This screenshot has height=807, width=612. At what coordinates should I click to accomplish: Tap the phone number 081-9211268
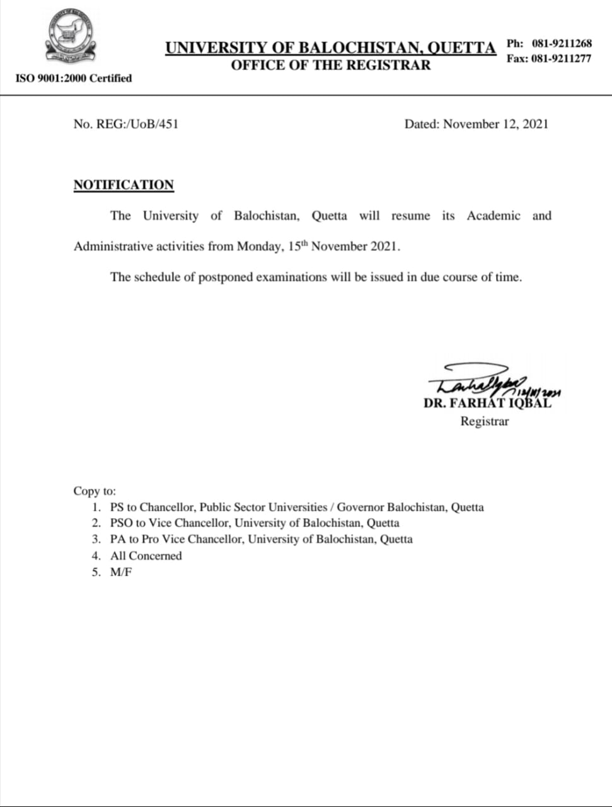[562, 44]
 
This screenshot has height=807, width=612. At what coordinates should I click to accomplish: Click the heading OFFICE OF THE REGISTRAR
[330, 65]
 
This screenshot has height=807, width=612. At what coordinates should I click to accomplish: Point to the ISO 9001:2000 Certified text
[73, 78]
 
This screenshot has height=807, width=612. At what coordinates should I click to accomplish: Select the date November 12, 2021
[495, 124]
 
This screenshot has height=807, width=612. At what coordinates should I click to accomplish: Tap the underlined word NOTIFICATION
[124, 185]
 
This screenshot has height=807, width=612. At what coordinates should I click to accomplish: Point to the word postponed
[226, 277]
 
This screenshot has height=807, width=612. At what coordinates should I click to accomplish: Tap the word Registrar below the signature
[484, 421]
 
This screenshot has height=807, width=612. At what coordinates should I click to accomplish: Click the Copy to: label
[95, 491]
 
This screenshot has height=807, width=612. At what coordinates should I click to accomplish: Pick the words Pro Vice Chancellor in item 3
[192, 539]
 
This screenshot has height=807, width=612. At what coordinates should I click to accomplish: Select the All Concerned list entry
[146, 555]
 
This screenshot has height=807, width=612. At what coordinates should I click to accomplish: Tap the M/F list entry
[121, 572]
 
